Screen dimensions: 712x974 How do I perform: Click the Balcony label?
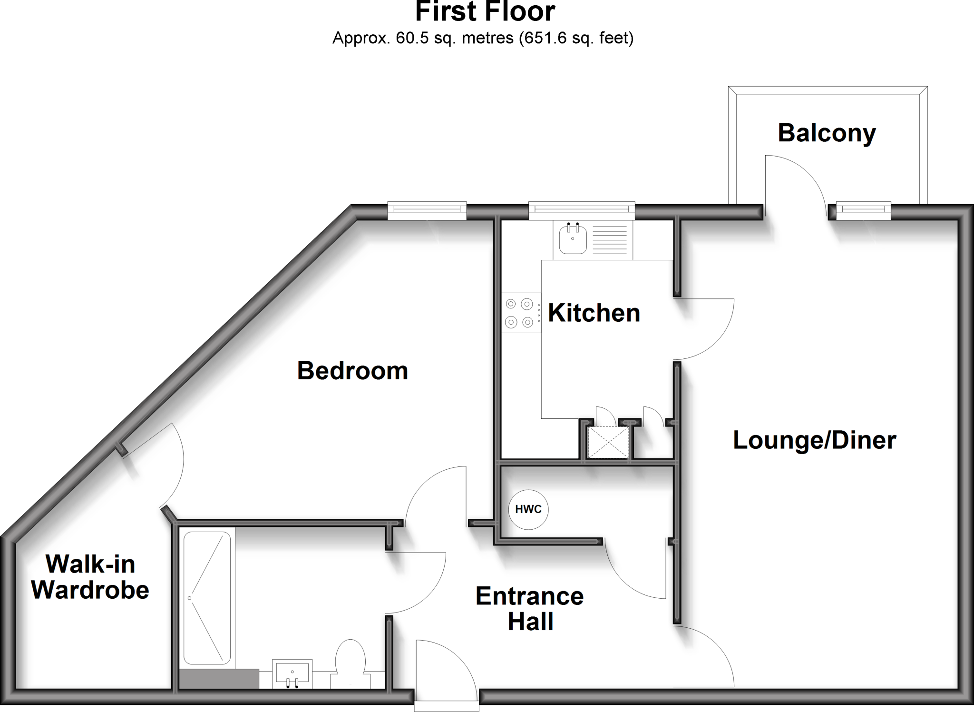tap(827, 133)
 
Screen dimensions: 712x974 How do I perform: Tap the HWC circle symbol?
tap(528, 509)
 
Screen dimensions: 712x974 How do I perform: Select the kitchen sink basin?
tap(573, 239)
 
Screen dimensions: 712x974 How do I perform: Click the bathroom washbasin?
tap(292, 674)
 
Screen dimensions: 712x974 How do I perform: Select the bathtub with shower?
tap(207, 598)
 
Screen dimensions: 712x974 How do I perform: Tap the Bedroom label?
tap(352, 371)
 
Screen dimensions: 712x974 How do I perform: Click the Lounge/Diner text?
tap(814, 440)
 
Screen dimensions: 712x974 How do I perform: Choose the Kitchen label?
tap(594, 313)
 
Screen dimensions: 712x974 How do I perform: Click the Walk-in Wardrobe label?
tap(90, 577)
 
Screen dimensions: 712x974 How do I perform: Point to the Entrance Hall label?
tap(529, 609)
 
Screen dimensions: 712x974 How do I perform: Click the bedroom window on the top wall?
tap(427, 210)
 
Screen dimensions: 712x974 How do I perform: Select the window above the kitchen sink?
tap(582, 210)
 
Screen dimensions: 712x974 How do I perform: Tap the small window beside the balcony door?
tap(863, 210)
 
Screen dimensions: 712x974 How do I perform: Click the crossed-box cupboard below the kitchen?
tap(608, 443)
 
